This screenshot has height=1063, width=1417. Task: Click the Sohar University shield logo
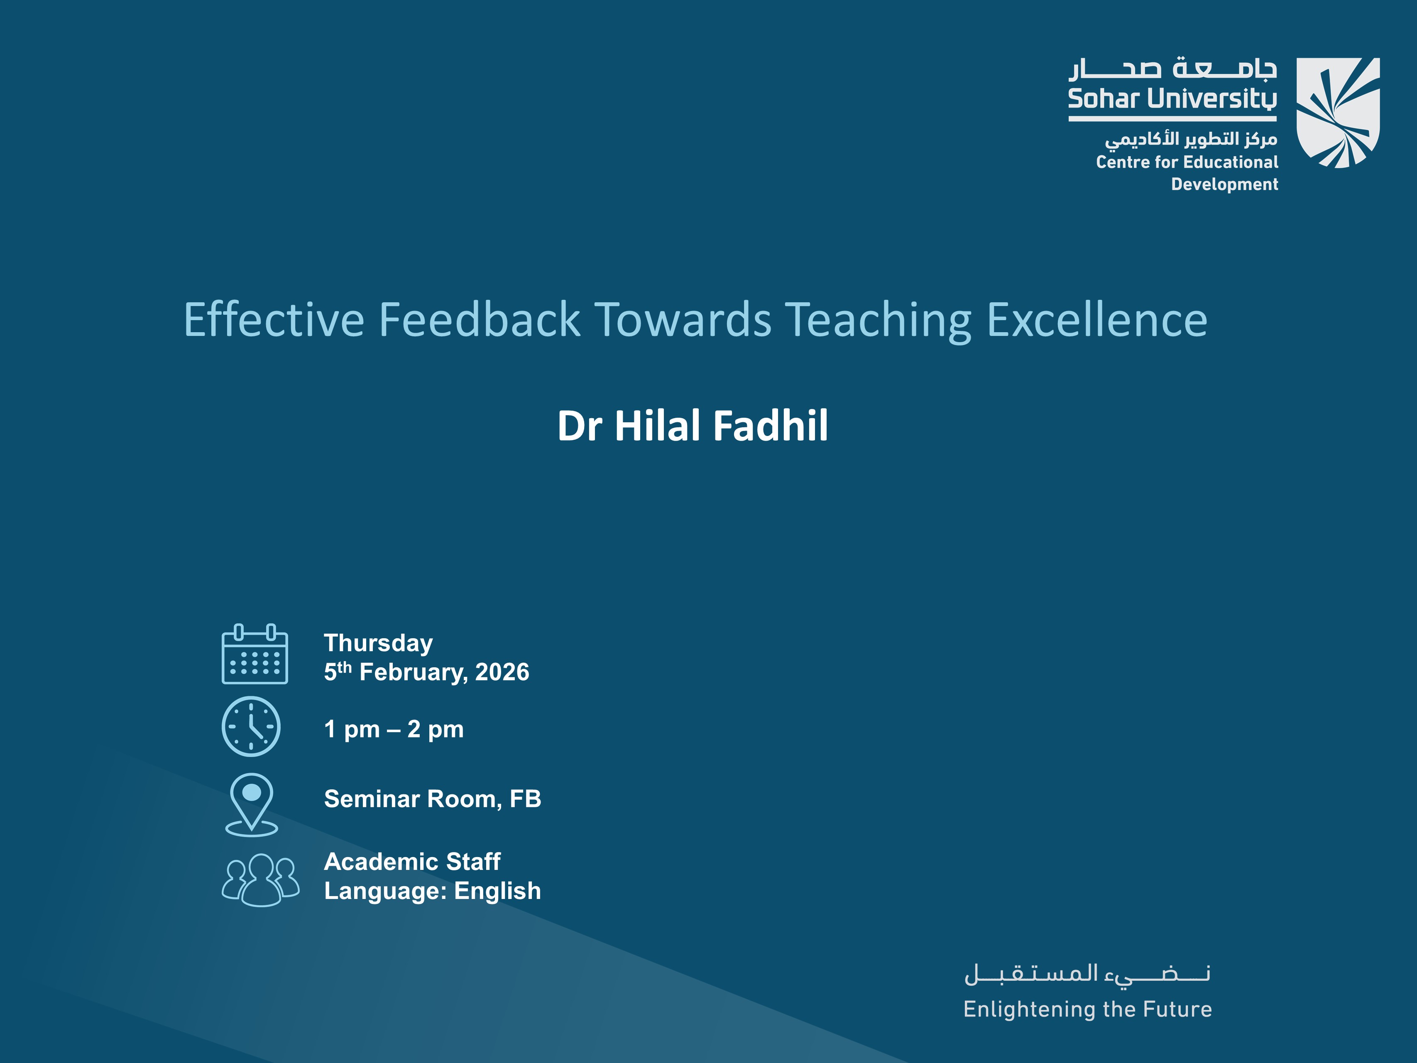(1338, 113)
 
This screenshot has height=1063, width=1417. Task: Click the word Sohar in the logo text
(1102, 99)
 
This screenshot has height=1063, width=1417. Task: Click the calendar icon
(255, 654)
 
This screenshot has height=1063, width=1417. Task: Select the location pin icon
(252, 803)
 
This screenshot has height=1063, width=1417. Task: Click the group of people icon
(260, 880)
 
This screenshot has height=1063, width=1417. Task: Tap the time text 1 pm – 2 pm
(393, 729)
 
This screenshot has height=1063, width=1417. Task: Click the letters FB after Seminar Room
(525, 799)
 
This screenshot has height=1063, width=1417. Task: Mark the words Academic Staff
(412, 862)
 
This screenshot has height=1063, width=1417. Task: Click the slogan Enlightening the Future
(1087, 1009)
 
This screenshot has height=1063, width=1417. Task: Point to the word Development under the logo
(1224, 184)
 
